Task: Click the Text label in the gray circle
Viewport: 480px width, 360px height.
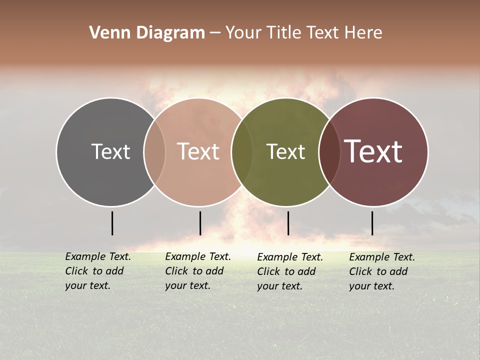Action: pos(110,151)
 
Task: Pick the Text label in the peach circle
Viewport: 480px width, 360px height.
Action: pos(198,151)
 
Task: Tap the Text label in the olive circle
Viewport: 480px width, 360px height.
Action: pos(285,151)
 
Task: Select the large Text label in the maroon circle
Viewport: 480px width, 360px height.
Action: pos(373,151)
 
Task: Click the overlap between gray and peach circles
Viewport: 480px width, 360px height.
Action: pos(154,152)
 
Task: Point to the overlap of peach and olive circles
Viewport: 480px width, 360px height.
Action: pos(242,152)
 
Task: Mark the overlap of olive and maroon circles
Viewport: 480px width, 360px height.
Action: pos(328,152)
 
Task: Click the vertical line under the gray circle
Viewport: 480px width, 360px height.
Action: pos(112,223)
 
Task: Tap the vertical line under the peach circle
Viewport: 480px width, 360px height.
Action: pos(200,223)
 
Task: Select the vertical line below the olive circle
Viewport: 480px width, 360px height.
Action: pos(288,223)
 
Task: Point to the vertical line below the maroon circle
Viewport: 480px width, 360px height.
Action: pos(372,223)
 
